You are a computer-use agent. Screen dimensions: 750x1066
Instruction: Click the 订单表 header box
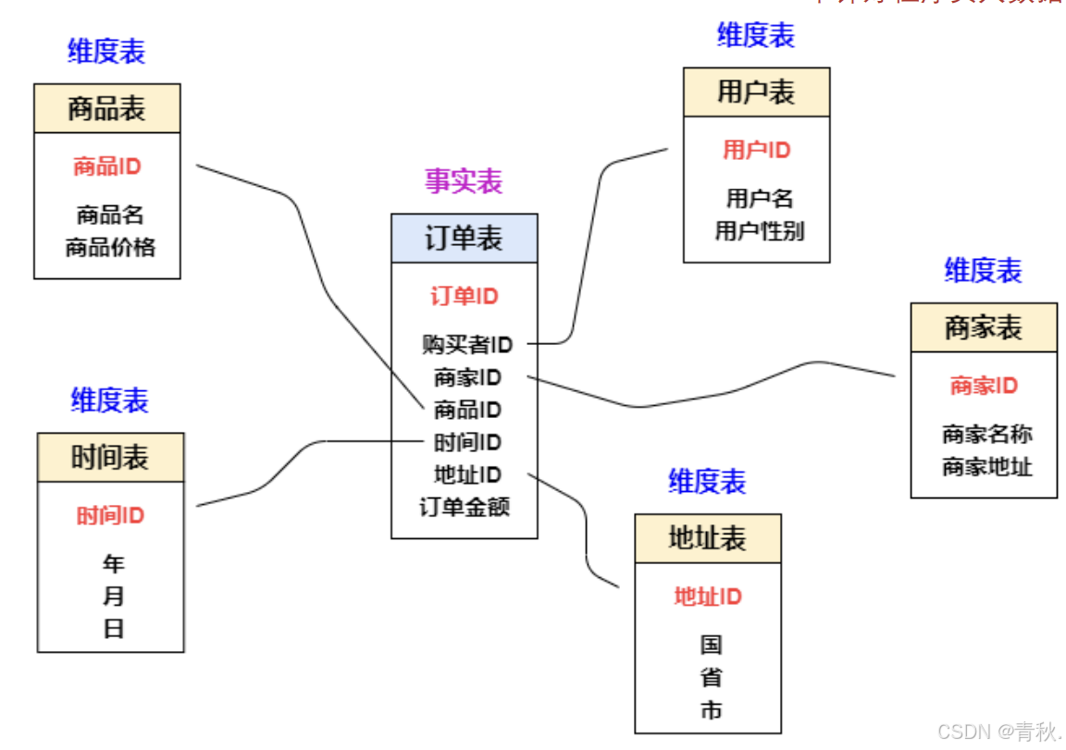(x=464, y=239)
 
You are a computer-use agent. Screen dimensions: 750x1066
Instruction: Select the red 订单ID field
(x=464, y=297)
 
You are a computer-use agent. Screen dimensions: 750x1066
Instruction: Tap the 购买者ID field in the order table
(x=466, y=345)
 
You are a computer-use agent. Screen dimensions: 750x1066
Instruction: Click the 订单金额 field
(x=464, y=507)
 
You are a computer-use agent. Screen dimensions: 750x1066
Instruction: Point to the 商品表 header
(x=106, y=109)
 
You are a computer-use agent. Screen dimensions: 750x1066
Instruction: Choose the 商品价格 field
(x=110, y=248)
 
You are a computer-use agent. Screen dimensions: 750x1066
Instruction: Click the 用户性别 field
(x=759, y=231)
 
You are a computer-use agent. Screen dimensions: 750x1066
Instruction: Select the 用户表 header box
(x=756, y=92)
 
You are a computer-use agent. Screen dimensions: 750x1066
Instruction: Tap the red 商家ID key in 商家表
(x=984, y=386)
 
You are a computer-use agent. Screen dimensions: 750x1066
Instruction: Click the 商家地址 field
(x=986, y=467)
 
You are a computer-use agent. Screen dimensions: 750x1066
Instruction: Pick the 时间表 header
(x=110, y=458)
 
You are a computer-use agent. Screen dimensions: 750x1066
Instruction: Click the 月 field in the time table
(x=113, y=596)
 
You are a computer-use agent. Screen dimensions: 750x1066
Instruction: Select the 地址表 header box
(x=707, y=539)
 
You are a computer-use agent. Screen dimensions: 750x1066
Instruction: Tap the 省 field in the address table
(x=711, y=678)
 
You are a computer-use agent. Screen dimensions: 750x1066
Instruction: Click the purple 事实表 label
(x=463, y=181)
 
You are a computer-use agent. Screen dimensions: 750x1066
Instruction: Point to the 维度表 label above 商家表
(x=983, y=271)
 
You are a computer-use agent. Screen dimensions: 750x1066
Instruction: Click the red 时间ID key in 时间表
(x=110, y=516)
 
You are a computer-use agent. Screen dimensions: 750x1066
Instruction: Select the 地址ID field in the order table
(x=467, y=475)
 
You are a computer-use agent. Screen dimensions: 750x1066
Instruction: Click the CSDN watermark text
(x=998, y=732)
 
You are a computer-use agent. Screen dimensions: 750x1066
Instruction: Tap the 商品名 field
(x=110, y=215)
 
